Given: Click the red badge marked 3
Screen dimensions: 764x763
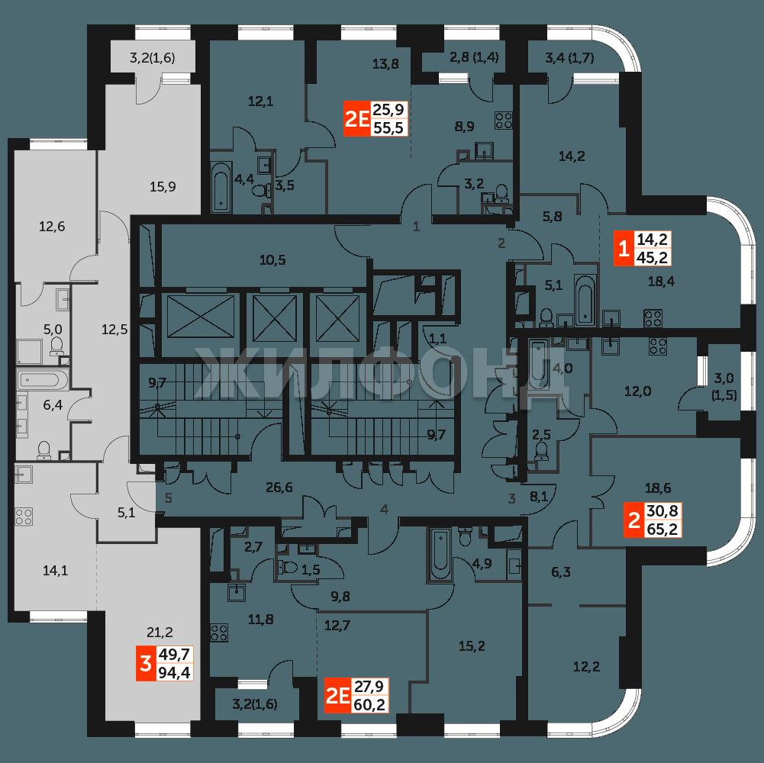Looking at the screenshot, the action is click(146, 663).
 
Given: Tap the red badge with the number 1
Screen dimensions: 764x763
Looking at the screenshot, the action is click(624, 249).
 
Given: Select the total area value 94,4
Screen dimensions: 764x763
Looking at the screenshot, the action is click(175, 672).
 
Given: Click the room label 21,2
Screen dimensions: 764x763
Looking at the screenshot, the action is click(160, 633).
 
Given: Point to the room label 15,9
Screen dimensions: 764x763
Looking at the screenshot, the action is click(163, 186).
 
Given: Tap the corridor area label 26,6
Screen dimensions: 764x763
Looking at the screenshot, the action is click(279, 487).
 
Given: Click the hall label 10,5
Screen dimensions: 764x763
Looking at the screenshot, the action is click(272, 259).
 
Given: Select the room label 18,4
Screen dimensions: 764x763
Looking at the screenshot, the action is click(661, 281).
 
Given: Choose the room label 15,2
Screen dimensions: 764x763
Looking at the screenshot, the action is click(472, 646).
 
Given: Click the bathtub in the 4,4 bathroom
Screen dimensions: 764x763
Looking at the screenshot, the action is click(221, 187).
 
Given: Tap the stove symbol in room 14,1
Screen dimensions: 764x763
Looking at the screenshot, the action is click(24, 517).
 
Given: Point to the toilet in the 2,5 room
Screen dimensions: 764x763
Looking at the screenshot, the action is click(541, 452).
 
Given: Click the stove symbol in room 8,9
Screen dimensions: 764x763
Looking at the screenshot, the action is click(503, 121).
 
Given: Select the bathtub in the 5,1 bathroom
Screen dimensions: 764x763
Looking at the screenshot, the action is click(584, 300).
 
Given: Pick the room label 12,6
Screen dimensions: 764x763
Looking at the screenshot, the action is click(52, 226).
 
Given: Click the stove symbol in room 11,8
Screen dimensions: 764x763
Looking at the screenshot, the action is click(219, 633).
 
